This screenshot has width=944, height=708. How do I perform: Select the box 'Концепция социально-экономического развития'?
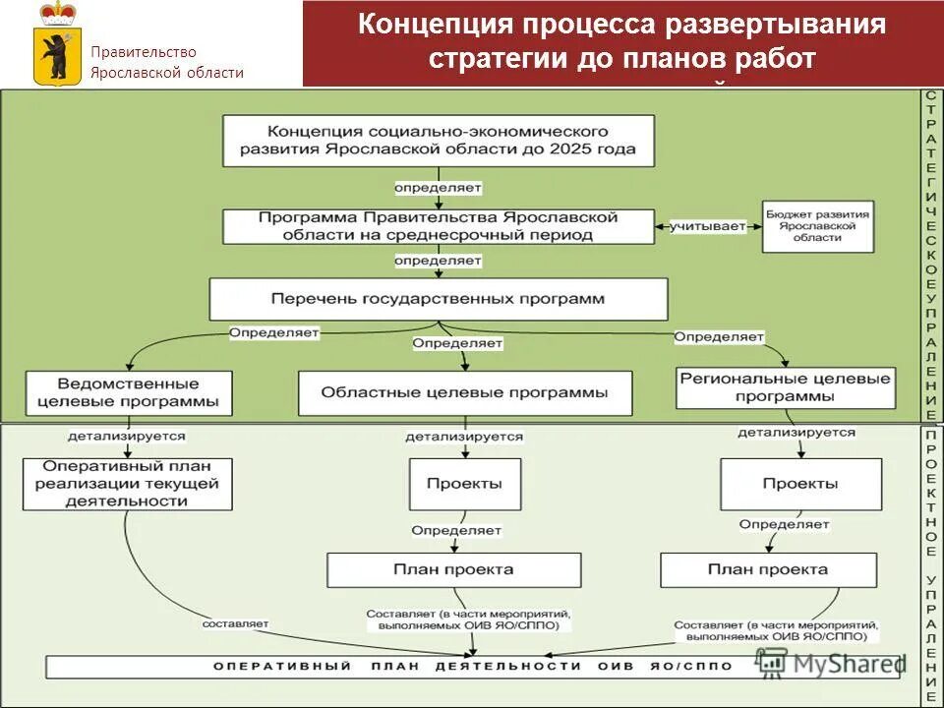click(x=438, y=141)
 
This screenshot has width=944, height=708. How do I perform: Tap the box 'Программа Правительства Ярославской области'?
click(x=438, y=226)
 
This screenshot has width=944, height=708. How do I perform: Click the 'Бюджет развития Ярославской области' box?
click(x=817, y=226)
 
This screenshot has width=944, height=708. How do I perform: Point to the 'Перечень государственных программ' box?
click(x=438, y=299)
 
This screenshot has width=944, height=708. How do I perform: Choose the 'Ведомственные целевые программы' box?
click(x=128, y=392)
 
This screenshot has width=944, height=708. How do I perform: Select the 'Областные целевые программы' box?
click(x=464, y=392)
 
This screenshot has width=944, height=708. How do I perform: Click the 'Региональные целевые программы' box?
click(x=785, y=386)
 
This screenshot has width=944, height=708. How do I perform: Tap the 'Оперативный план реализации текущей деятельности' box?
click(x=127, y=484)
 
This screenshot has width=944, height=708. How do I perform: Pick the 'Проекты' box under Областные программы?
click(x=464, y=484)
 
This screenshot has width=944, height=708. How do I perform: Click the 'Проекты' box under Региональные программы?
click(x=799, y=484)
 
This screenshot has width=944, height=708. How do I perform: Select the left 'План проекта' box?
click(x=453, y=569)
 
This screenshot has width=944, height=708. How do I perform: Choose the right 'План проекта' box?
click(x=768, y=569)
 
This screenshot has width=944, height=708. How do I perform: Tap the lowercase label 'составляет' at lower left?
click(x=235, y=623)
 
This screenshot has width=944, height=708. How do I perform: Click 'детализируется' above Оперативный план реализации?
click(x=126, y=436)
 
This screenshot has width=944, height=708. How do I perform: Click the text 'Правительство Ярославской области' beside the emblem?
click(x=166, y=62)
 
